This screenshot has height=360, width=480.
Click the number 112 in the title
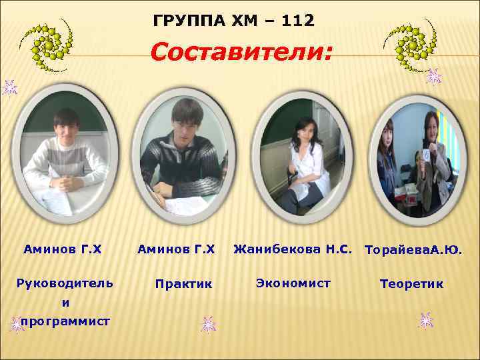click(x=298, y=21)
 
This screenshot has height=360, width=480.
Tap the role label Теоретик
click(x=411, y=284)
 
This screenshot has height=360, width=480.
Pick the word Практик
click(x=183, y=284)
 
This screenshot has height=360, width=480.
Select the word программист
click(x=65, y=321)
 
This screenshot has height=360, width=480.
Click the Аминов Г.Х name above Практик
click(x=176, y=250)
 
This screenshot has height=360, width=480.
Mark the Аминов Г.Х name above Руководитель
click(x=63, y=250)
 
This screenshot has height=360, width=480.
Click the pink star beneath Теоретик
click(x=425, y=321)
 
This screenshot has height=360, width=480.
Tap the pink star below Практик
click(x=208, y=325)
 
